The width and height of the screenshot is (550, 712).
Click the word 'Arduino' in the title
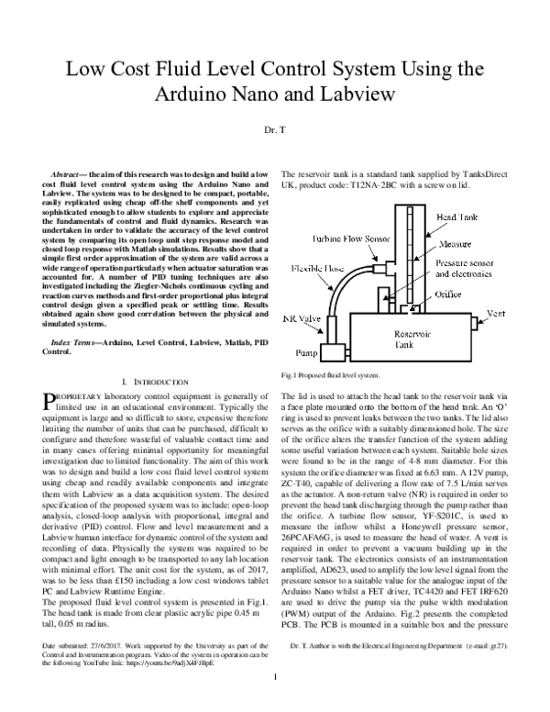point(166,95)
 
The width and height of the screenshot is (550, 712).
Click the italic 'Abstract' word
point(64,173)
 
